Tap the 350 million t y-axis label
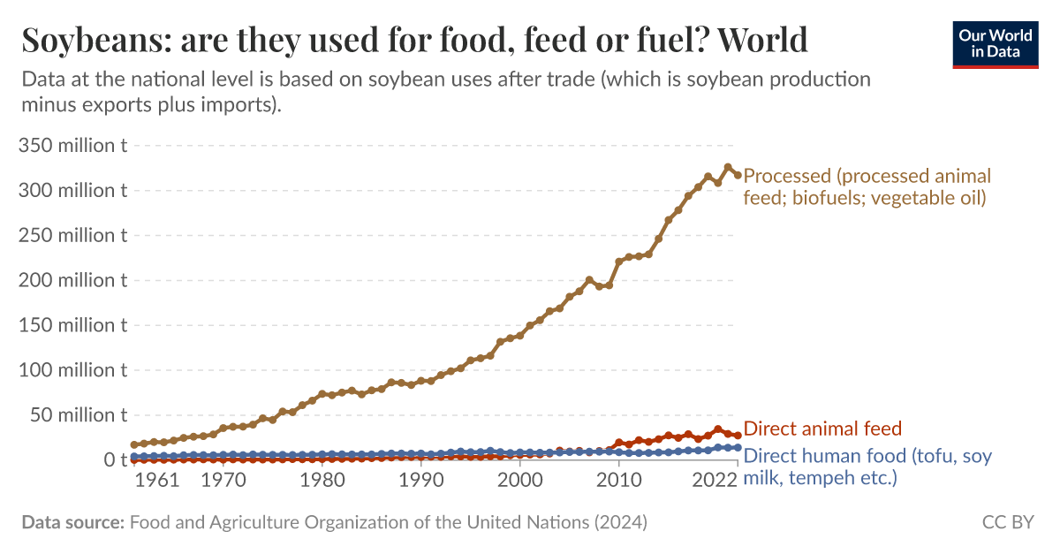click(x=72, y=145)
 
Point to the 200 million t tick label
click(x=72, y=280)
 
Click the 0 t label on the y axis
click(x=115, y=459)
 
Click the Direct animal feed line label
click(x=822, y=429)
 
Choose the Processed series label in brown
click(x=867, y=186)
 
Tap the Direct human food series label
click(x=867, y=467)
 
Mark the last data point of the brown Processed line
click(x=738, y=175)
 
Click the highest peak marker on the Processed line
click(x=728, y=167)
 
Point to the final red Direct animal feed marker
click(x=738, y=436)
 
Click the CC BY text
click(x=1008, y=522)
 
